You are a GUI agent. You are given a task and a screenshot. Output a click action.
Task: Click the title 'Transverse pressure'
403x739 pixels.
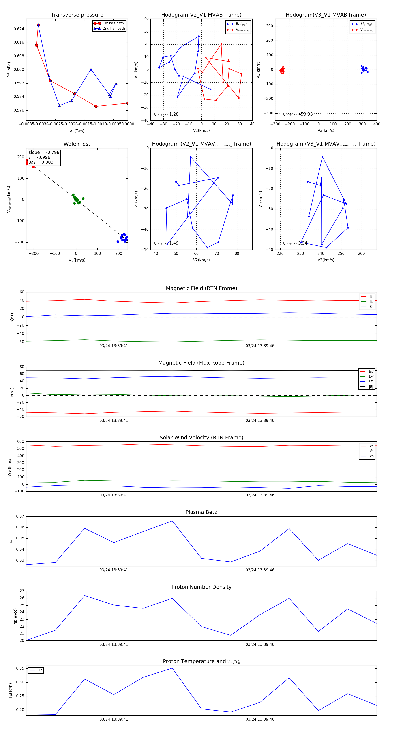77,15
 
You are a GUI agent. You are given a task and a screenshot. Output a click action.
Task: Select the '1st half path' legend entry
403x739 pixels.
113,23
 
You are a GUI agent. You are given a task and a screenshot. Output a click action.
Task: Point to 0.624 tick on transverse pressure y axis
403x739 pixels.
19,29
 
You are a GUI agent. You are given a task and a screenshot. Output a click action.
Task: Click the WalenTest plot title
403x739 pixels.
77,144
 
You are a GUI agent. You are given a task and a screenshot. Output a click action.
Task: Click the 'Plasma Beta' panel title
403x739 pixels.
201,512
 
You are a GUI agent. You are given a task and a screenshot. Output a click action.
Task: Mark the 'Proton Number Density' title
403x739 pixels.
201,587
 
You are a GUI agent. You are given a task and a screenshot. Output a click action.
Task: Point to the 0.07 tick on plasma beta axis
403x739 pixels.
20,516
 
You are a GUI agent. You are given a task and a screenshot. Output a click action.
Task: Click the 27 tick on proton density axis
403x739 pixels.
22,591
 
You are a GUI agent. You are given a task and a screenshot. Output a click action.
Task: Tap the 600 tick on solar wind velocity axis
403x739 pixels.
21,442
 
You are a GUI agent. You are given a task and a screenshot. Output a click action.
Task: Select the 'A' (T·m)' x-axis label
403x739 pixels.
77,131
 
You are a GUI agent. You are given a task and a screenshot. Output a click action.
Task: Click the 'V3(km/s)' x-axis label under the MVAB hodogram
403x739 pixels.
326,131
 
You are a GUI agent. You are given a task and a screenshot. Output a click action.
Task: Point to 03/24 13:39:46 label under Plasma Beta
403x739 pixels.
259,570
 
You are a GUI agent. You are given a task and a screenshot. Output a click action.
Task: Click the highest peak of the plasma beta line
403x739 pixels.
172,521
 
